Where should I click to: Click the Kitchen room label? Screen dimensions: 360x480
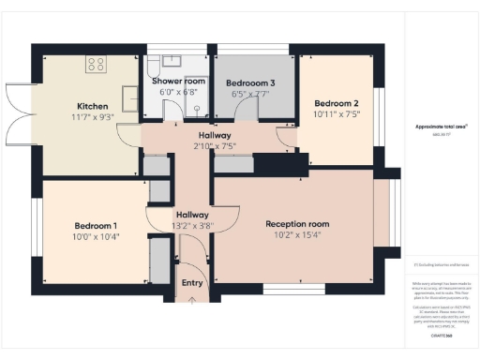92,106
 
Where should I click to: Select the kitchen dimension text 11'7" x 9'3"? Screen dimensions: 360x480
92,116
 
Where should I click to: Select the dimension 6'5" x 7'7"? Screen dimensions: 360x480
250,94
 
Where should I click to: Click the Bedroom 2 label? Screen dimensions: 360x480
337,103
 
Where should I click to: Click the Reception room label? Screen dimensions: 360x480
297,224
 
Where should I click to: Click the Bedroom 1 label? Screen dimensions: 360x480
96,226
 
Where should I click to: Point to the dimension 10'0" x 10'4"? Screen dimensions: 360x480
96,236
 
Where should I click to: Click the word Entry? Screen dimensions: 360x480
191,283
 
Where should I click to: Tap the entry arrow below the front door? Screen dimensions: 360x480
192,300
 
